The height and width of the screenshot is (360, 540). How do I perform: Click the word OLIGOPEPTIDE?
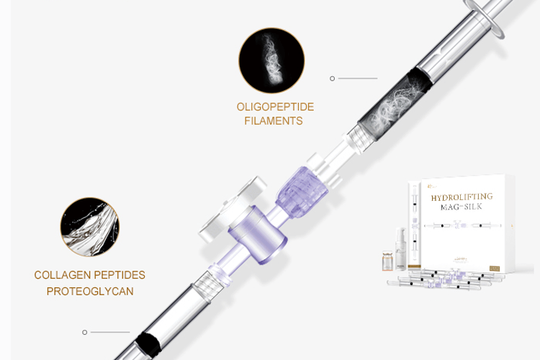click(x=275, y=107)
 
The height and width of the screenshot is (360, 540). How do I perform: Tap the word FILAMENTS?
click(x=274, y=121)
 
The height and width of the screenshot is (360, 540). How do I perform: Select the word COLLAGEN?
click(x=63, y=275)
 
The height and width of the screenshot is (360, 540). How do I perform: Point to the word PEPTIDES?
click(x=120, y=275)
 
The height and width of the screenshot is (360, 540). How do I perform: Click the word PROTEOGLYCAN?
click(x=90, y=292)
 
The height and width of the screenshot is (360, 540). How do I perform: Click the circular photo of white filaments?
click(x=271, y=60)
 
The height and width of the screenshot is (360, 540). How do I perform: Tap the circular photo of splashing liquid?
click(x=90, y=227)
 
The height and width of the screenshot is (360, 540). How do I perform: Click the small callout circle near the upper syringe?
click(x=332, y=78)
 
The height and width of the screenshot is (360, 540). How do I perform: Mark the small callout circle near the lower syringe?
click(x=84, y=332)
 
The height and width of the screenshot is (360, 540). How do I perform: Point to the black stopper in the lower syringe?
click(x=148, y=344)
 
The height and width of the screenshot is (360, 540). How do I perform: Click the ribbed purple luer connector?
click(x=302, y=192)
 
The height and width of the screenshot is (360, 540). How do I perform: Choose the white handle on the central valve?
click(x=233, y=210)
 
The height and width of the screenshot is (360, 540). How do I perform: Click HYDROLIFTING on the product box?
click(x=462, y=197)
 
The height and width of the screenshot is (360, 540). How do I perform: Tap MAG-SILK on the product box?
click(x=461, y=207)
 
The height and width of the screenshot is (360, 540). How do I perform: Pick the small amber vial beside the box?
click(x=387, y=261)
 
